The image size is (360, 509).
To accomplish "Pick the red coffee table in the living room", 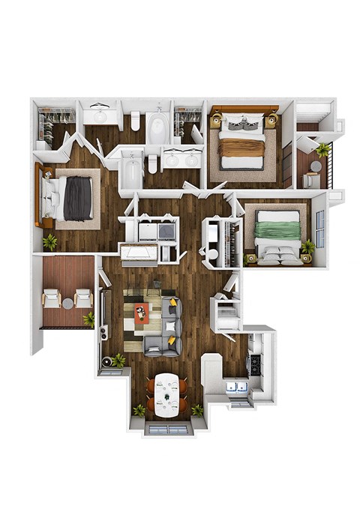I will coord(142,313).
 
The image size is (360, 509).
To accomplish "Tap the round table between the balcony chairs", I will coord(68,303).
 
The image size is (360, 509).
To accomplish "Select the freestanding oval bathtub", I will coord(158,127).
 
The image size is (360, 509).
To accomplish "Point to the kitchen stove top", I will coord(255,364).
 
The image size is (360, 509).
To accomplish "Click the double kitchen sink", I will coord(238,387).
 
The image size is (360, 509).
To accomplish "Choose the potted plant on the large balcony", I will coord(88,319).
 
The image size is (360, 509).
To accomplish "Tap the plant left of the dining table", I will coord(139,410).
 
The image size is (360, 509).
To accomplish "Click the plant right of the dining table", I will coord(197,410).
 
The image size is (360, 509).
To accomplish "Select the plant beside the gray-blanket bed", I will coord(50,241).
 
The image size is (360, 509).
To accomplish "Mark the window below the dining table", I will coord(167,429).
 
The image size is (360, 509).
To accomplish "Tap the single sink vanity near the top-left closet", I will coord(100,115).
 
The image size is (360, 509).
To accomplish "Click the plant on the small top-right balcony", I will coord(323,149).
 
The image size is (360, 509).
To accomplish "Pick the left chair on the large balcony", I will coord(52,300).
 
